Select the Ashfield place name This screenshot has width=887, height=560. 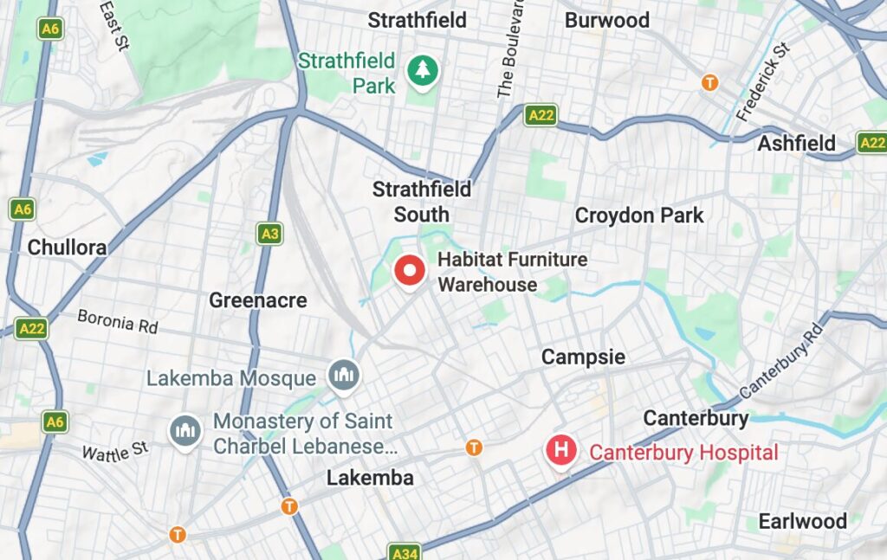[796, 144]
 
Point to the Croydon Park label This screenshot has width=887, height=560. [639, 216]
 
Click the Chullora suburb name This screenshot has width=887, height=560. [67, 248]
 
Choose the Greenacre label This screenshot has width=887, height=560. [258, 300]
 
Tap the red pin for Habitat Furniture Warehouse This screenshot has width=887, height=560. [408, 271]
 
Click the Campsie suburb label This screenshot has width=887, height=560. [583, 357]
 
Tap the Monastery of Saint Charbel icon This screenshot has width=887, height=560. [185, 430]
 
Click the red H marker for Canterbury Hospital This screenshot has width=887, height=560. [561, 450]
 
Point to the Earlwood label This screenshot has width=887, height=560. [802, 521]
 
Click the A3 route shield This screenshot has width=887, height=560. [269, 234]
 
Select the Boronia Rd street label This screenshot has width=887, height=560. [118, 322]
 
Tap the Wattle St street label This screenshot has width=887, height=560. [115, 451]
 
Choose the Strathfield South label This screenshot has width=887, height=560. [422, 202]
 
